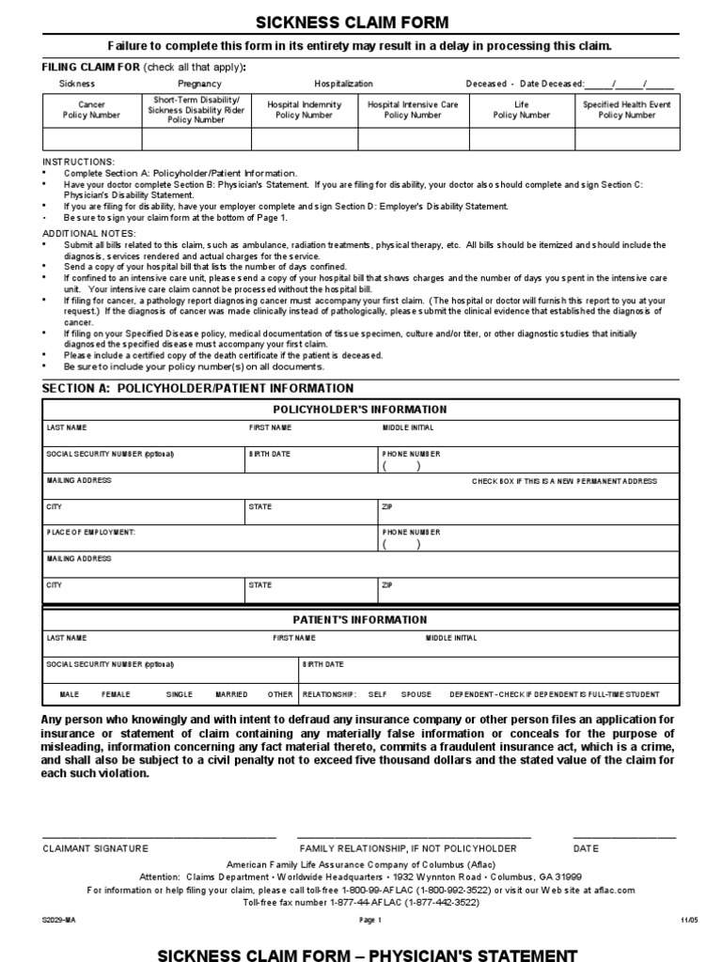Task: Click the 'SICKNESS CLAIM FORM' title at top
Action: click(x=361, y=23)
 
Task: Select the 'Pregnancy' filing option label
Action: click(x=199, y=84)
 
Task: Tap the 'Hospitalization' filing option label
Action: click(x=343, y=84)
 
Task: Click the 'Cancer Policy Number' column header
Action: click(x=91, y=110)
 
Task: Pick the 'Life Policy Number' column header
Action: click(x=522, y=110)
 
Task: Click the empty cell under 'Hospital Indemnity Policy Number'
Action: click(x=305, y=139)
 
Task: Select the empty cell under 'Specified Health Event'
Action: click(x=626, y=139)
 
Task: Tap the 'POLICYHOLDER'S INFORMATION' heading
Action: click(x=360, y=410)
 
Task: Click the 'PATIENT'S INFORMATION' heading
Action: click(x=360, y=620)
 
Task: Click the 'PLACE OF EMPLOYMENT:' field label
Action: click(x=91, y=532)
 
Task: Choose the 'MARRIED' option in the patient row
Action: click(x=231, y=694)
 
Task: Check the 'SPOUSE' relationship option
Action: click(x=416, y=694)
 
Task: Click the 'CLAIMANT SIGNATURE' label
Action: click(x=95, y=847)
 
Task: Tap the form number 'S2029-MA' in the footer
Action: click(x=58, y=920)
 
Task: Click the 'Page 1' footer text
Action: click(x=370, y=920)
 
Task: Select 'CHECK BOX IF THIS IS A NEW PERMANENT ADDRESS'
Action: click(x=564, y=481)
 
